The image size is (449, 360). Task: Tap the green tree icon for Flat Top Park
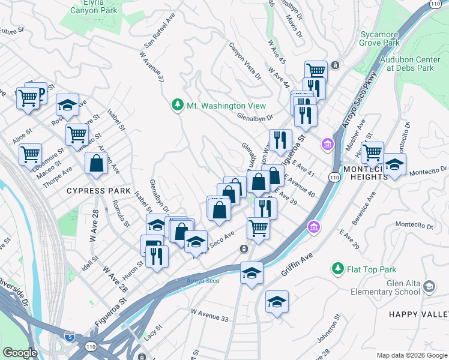click(x=338, y=268)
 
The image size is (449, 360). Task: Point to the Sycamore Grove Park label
click(x=379, y=38)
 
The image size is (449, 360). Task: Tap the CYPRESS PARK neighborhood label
click(x=99, y=191)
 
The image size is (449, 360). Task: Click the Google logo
click(x=20, y=353)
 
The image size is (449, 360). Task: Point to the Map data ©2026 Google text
click(x=412, y=355)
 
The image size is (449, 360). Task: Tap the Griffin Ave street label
click(x=298, y=265)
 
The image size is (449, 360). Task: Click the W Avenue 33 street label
click(x=209, y=315)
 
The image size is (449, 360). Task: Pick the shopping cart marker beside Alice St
click(x=30, y=155)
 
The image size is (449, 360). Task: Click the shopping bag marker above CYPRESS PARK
click(x=97, y=163)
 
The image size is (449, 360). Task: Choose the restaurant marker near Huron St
click(x=157, y=256)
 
